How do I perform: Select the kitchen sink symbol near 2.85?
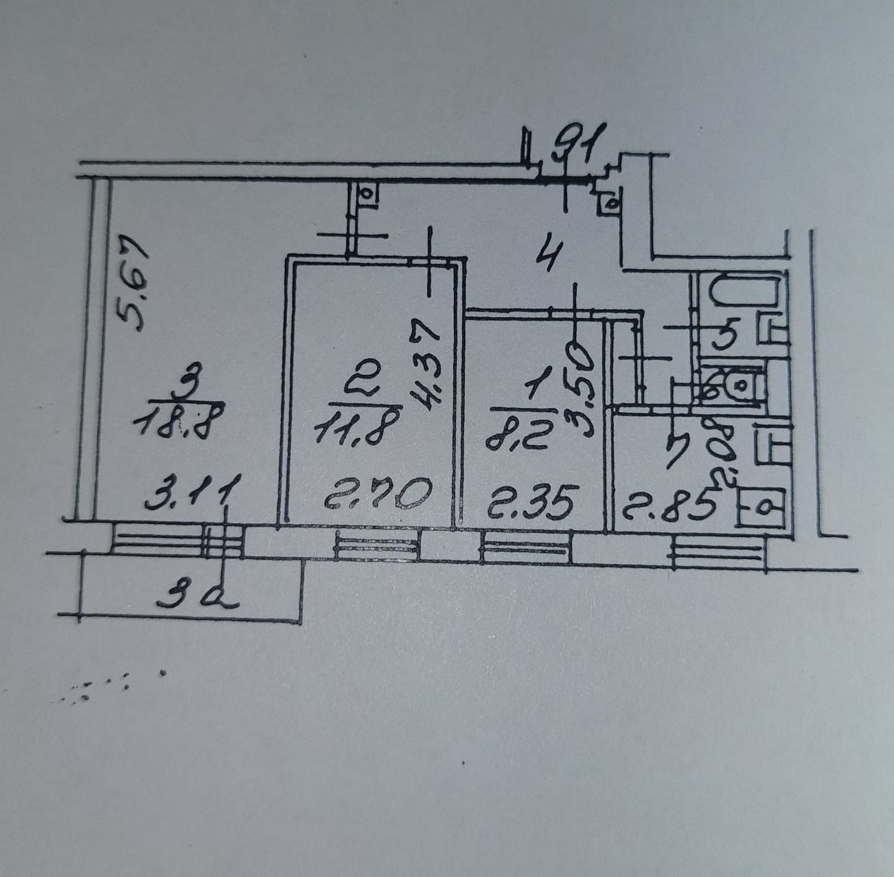point(762,508)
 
